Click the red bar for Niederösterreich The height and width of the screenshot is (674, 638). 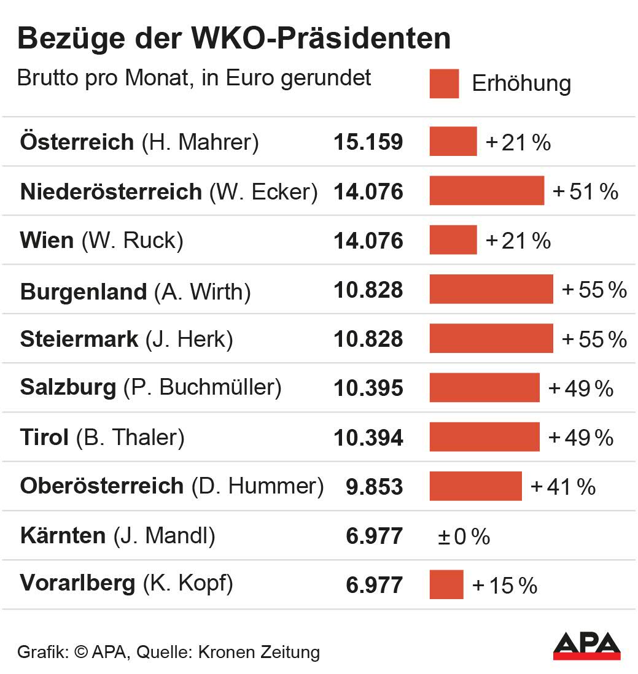coord(486,191)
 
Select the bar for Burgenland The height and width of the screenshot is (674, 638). coord(491,290)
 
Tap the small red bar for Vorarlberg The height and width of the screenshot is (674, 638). coord(446,584)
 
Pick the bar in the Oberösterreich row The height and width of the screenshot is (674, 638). coord(475,486)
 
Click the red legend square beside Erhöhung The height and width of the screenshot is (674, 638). coord(444,83)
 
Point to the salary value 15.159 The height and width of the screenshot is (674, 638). coord(368,142)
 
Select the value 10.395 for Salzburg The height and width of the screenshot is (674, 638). coord(368,388)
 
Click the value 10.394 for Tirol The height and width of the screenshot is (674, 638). coord(368,438)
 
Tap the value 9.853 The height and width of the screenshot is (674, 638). coord(375,487)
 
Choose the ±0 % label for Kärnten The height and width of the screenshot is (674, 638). coord(464,536)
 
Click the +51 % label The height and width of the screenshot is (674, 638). coord(585,192)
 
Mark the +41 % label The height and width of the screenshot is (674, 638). coord(563,487)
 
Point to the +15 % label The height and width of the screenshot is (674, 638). coord(505,586)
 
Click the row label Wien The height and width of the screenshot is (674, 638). coord(47,240)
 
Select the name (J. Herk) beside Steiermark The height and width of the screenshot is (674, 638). coord(189,339)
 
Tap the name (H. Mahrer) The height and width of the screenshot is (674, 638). coord(200,142)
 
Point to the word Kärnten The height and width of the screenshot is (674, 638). coord(63,536)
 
